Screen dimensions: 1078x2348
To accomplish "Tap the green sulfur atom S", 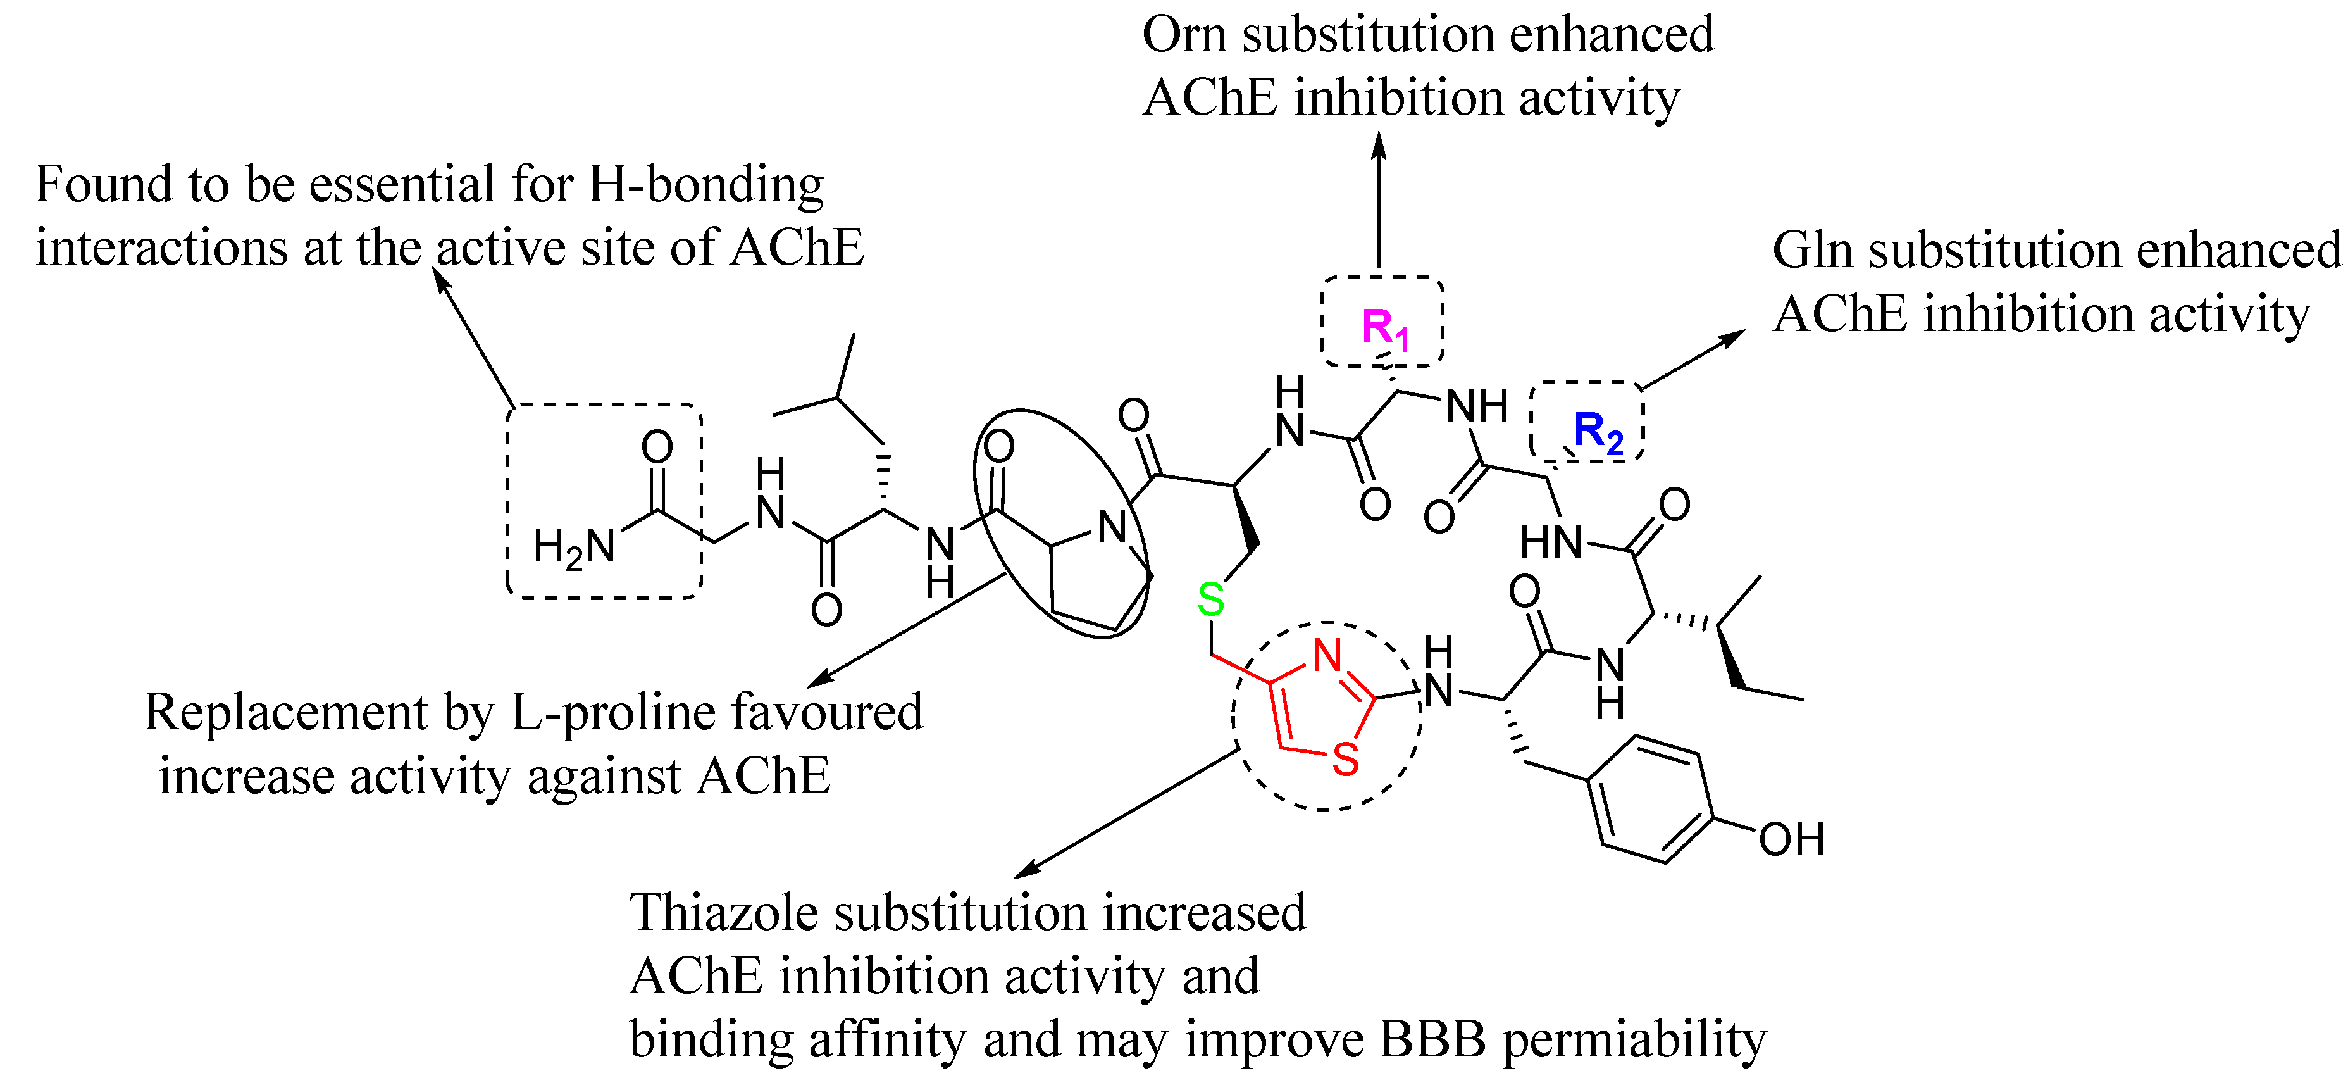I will [x=1210, y=600].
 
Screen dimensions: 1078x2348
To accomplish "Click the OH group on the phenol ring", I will [x=1791, y=840].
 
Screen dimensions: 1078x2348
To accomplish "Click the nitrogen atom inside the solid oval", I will [x=1111, y=527].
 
